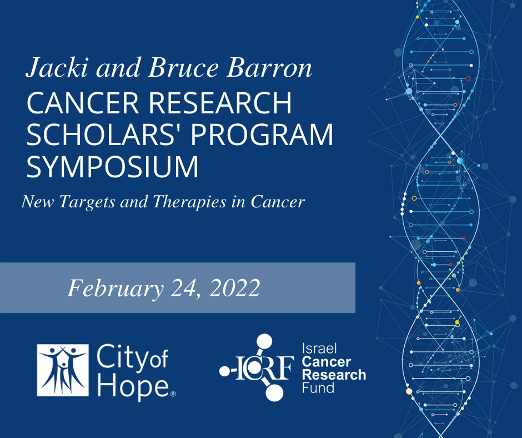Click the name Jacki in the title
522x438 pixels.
pyautogui.click(x=57, y=68)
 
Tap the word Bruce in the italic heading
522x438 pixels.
pyautogui.click(x=183, y=68)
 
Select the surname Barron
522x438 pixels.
pyautogui.click(x=269, y=68)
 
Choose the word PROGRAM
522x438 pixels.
pyautogui.click(x=262, y=135)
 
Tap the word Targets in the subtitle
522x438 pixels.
pyautogui.click(x=87, y=202)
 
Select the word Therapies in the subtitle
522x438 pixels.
pyautogui.click(x=189, y=202)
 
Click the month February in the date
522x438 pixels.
pyautogui.click(x=115, y=288)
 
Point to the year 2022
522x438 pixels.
pyautogui.click(x=235, y=288)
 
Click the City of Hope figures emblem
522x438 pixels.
pyautogui.click(x=63, y=370)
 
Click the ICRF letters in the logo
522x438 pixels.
pyautogui.click(x=265, y=368)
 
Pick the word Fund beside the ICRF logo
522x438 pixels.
pyautogui.click(x=318, y=388)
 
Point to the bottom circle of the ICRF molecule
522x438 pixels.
pyautogui.click(x=275, y=392)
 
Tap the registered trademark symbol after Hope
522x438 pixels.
pyautogui.click(x=173, y=394)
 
